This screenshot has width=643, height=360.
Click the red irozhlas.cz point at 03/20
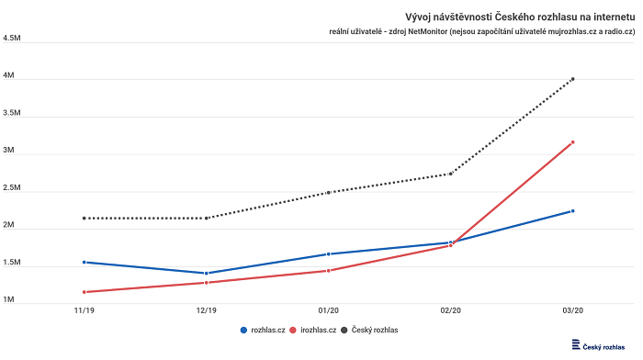pos(572,142)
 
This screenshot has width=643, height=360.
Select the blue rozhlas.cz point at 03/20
pos(572,211)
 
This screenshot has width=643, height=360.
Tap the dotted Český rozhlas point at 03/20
pos(572,79)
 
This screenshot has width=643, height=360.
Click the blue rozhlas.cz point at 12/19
pos(206,273)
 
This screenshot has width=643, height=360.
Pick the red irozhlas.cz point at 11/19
pos(84,292)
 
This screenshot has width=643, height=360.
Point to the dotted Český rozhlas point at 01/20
pos(328,193)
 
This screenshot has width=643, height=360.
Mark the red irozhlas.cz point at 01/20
pos(328,271)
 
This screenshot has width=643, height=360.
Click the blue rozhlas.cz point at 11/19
pos(84,262)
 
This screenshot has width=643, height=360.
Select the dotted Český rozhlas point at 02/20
pos(450,174)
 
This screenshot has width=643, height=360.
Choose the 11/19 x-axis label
pos(84,310)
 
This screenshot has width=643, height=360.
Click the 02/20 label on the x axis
pos(450,310)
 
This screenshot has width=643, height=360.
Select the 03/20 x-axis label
pos(572,310)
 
